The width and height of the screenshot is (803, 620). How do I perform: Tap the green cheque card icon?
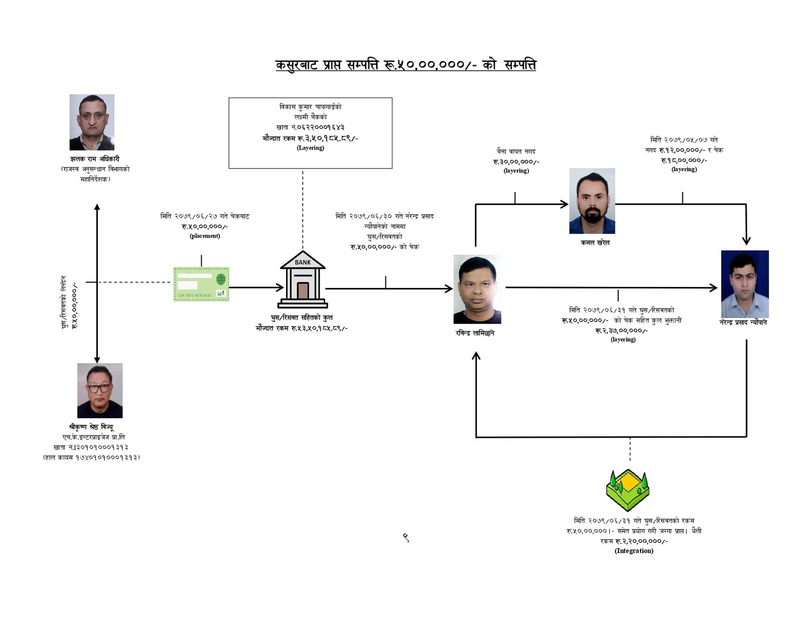[201, 284]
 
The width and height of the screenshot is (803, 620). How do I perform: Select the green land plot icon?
[627, 490]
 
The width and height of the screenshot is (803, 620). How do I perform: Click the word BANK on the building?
[303, 262]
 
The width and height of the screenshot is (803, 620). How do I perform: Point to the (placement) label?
[205, 236]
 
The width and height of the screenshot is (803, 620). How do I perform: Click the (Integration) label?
[634, 551]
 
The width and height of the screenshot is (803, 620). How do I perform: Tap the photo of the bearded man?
[592, 201]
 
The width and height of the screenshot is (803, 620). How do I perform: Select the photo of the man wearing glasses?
[100, 390]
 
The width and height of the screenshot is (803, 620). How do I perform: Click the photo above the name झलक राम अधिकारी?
[92, 122]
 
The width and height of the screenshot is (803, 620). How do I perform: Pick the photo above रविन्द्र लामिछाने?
[477, 289]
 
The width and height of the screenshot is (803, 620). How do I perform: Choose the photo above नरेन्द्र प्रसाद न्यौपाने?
[745, 283]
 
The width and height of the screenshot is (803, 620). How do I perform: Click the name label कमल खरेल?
[595, 243]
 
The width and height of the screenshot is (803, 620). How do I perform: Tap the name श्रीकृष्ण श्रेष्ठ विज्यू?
[91, 427]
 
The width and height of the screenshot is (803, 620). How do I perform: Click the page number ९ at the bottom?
[406, 538]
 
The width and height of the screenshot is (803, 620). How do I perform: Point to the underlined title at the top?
[406, 65]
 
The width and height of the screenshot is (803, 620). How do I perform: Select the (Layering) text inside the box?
[311, 148]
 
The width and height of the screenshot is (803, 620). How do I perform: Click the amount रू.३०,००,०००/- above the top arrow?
[516, 162]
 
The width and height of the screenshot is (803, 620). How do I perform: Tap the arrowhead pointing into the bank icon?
[280, 287]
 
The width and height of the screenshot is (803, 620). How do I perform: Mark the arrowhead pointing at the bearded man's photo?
[565, 204]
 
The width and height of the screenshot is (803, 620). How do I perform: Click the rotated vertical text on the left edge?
[70, 302]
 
